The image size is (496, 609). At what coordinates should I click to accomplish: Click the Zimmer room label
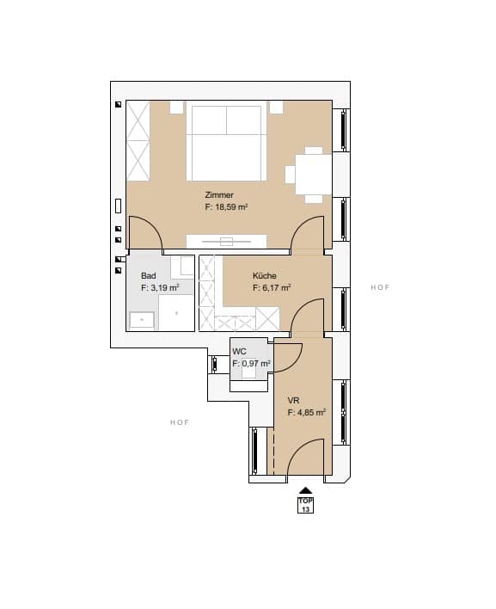coord(219,195)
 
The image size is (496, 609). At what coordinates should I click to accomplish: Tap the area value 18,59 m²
coord(231,207)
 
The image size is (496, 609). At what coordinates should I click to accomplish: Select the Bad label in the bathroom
coord(148,276)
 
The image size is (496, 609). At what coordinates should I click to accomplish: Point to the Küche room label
coord(264,276)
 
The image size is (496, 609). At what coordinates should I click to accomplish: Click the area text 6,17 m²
coord(276,288)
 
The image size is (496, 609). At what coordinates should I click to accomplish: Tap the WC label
coord(239,352)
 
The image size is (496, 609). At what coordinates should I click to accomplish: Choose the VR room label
coord(293,401)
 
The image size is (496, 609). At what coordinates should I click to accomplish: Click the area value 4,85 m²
coord(311,413)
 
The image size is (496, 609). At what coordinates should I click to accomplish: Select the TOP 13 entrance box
coord(305,505)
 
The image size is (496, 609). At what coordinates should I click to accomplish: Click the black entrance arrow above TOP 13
coord(305,490)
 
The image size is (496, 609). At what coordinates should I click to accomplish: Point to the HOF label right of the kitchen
coord(380,287)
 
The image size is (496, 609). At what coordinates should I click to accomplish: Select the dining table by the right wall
coord(314,175)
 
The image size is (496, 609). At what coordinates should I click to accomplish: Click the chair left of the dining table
coord(291,175)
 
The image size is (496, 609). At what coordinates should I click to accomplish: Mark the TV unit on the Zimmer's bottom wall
coord(226,241)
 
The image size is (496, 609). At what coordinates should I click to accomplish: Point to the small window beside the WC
coord(214,365)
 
